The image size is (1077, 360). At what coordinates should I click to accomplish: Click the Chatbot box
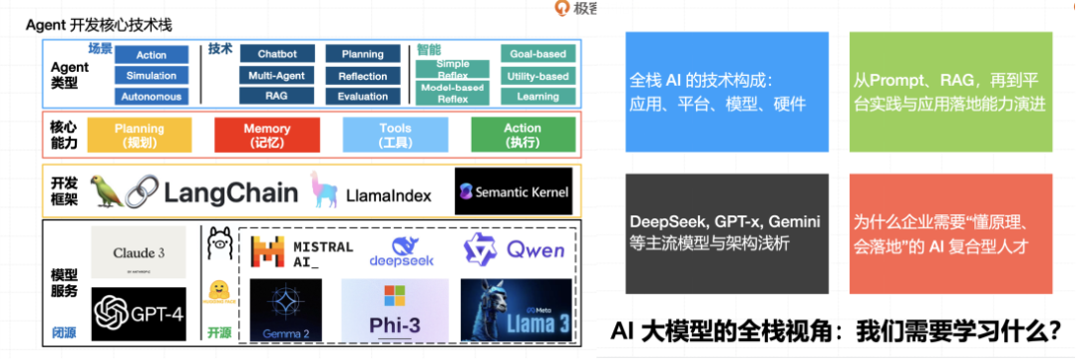276,54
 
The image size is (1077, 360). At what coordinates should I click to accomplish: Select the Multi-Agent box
276,76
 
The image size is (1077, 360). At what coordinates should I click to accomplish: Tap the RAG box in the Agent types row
276,97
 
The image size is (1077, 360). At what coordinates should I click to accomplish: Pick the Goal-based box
538,54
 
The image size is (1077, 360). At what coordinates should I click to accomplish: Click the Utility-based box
538,76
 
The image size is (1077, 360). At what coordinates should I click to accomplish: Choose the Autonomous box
152,97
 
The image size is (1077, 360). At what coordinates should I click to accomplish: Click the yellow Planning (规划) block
140,135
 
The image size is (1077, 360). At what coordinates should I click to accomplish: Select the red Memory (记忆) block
267,135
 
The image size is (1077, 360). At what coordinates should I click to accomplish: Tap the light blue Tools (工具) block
395,135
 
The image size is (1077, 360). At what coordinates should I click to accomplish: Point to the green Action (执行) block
523,135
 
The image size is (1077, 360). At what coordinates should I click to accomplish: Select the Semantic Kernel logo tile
513,191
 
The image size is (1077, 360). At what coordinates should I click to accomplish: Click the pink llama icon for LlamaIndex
322,189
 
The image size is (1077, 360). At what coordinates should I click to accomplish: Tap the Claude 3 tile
139,254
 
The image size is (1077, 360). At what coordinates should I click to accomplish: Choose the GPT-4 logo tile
139,315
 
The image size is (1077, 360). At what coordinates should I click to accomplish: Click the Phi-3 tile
396,311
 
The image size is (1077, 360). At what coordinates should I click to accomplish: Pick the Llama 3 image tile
516,311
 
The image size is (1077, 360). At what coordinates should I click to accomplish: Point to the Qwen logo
514,249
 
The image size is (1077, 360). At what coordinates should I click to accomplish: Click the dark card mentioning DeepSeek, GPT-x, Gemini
727,232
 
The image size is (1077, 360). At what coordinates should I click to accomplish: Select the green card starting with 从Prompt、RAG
950,92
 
